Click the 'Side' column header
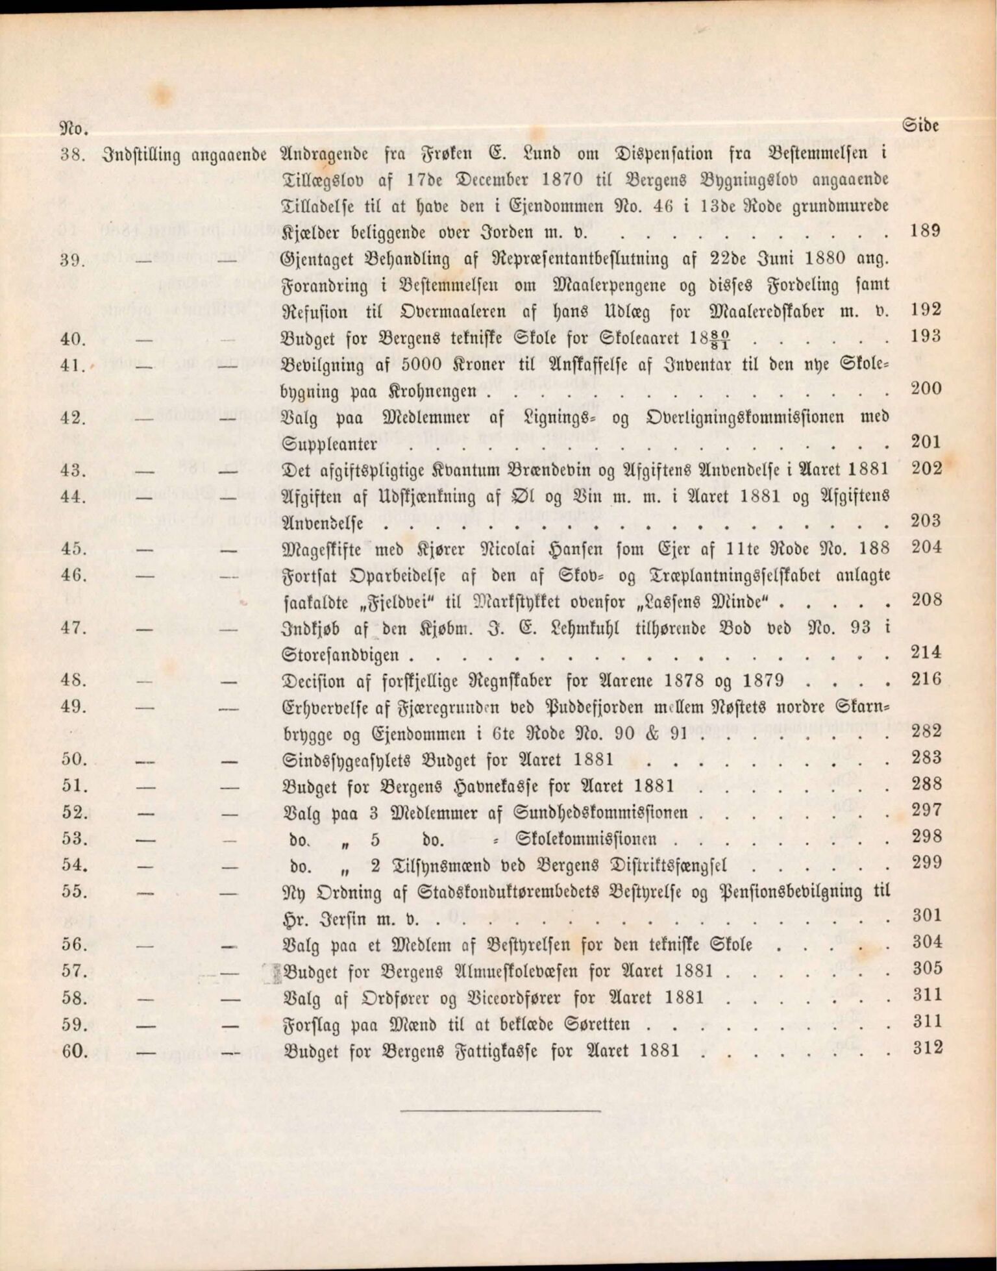[x=920, y=125]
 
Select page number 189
[x=925, y=230]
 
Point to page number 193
[x=925, y=336]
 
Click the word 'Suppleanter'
[x=330, y=445]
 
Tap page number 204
[x=926, y=547]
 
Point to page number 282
[x=926, y=731]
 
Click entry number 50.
[x=74, y=759]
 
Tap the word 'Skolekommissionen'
[x=585, y=839]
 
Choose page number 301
[x=926, y=915]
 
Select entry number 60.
[x=74, y=1050]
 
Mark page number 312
[x=926, y=1048]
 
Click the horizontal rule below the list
[x=499, y=1110]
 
